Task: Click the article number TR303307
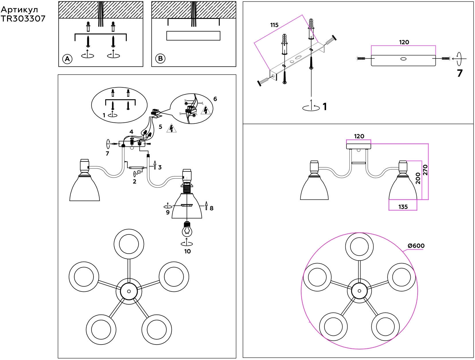[23, 19]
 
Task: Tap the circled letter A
[67, 59]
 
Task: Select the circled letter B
[160, 58]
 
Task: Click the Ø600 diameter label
[416, 246]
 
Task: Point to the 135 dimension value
[403, 207]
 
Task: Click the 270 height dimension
[425, 170]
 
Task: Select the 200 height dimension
[418, 178]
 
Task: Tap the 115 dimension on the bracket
[274, 25]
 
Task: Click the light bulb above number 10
[187, 230]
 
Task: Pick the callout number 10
[187, 251]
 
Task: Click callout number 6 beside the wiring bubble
[215, 99]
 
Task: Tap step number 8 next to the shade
[211, 208]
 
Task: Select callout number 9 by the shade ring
[168, 212]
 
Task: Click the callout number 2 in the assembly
[135, 181]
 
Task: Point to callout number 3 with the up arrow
[160, 167]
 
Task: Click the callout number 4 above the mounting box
[131, 132]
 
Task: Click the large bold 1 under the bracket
[325, 107]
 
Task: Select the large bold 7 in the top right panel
[460, 73]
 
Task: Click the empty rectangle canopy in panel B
[193, 36]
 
